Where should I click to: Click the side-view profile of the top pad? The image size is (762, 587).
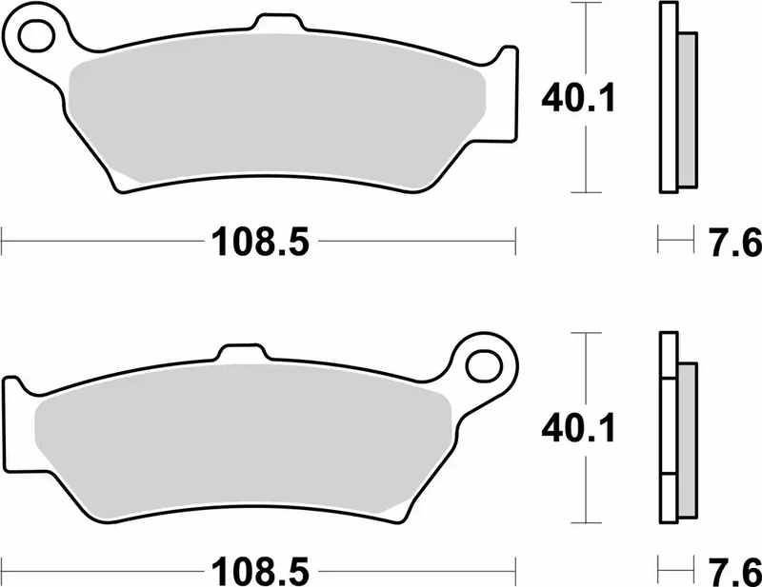click(x=673, y=95)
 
